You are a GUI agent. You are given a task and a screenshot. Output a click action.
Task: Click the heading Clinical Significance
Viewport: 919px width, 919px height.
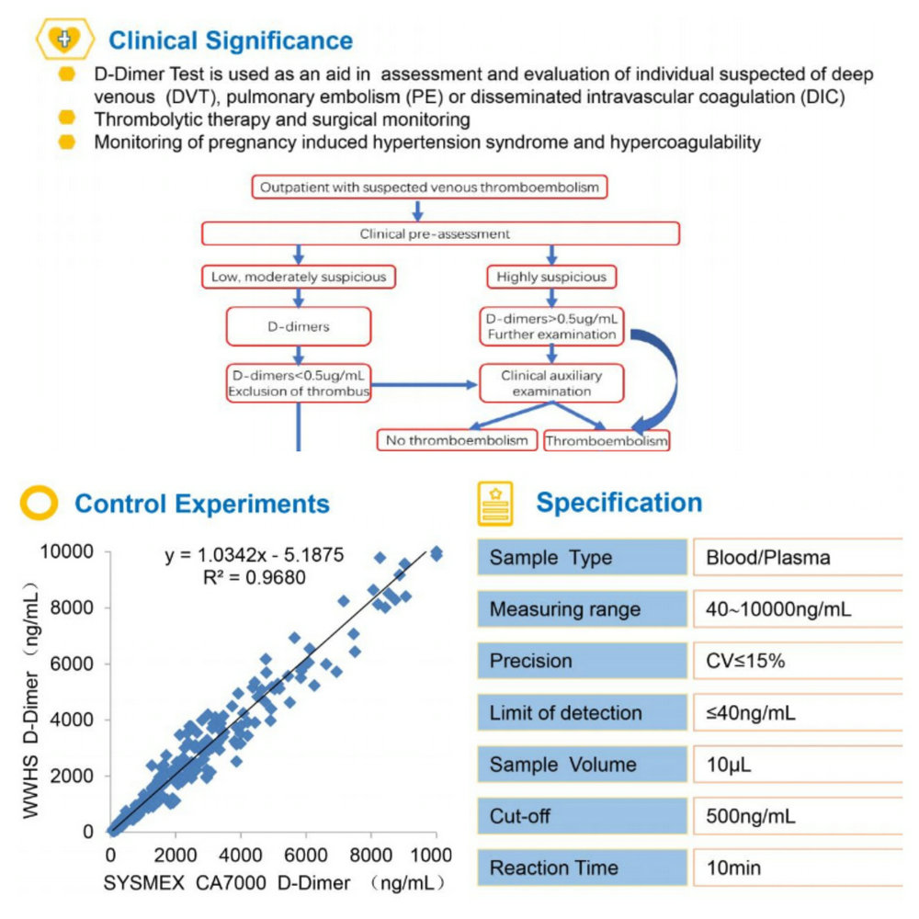(x=231, y=40)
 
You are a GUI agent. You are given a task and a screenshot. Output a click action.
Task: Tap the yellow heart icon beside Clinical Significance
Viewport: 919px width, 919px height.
(x=64, y=40)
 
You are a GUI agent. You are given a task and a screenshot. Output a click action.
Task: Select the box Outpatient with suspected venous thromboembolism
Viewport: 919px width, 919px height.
(x=429, y=187)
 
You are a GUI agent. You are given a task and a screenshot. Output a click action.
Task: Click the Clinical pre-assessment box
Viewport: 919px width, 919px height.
(x=441, y=233)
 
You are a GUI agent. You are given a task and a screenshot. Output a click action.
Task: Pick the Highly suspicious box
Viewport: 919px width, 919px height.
(x=551, y=277)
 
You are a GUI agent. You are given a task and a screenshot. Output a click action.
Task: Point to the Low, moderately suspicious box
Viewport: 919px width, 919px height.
(x=299, y=277)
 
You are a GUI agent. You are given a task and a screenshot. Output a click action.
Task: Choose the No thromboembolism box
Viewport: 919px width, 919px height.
(x=457, y=440)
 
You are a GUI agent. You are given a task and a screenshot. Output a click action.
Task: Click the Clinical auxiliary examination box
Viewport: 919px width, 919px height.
(x=551, y=383)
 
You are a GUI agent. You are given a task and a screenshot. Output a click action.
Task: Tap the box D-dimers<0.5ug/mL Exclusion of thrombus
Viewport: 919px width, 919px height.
(x=299, y=383)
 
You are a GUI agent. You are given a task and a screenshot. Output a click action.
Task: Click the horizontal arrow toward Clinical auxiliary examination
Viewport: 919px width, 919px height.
(x=425, y=385)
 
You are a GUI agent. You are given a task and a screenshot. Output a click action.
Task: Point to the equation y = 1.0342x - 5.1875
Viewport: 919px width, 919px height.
(x=255, y=554)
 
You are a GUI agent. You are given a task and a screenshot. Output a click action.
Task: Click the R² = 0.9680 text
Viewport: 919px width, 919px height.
(x=255, y=577)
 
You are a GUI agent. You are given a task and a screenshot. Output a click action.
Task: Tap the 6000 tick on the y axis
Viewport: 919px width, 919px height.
(x=72, y=664)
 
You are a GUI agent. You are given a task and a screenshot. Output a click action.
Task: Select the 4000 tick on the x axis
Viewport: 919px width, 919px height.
(x=240, y=855)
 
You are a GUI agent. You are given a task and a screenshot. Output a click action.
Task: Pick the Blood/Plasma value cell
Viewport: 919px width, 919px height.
(x=798, y=558)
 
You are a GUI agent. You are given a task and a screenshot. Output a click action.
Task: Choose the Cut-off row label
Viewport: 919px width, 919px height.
(x=582, y=816)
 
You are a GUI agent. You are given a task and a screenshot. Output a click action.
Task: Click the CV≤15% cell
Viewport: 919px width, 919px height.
(x=798, y=661)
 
